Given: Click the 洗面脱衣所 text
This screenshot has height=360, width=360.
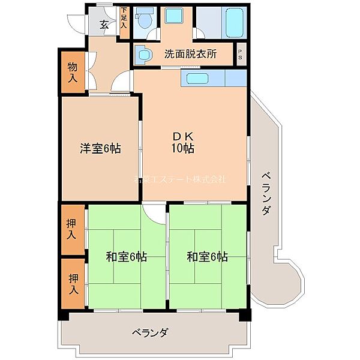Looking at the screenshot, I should [190, 54].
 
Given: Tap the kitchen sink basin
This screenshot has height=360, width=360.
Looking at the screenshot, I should [195, 78].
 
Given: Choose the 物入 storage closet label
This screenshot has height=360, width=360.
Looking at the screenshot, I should [72, 72].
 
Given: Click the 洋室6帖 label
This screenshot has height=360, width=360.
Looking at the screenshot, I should [100, 148].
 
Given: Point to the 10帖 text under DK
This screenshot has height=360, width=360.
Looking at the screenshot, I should [183, 149].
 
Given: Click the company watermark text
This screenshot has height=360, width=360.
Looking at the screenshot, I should [180, 179].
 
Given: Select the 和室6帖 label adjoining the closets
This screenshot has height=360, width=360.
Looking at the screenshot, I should [127, 257].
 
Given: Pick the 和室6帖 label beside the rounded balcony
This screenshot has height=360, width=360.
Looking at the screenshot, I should [207, 257].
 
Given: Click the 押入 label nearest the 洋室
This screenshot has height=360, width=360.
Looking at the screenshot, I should [72, 229].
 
